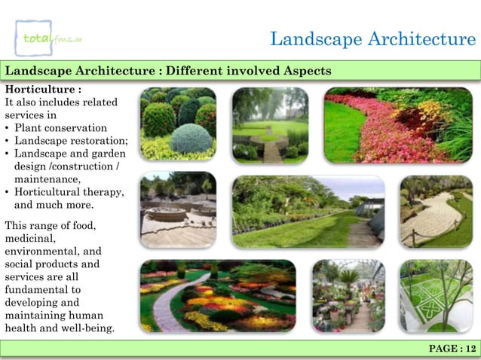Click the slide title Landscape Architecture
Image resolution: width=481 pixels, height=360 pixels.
pos(372,39)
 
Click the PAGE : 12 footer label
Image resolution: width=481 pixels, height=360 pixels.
pos(451,348)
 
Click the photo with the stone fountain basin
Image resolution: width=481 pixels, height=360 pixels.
pos(178,210)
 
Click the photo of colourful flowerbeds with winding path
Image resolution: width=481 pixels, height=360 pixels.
pos(217,296)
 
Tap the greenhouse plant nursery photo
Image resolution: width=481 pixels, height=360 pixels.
pos(348,296)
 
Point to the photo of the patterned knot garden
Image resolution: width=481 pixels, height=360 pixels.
pos(436,296)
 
